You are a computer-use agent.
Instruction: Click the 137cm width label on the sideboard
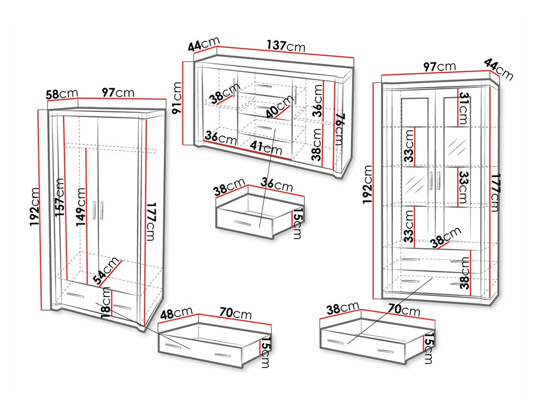(286, 46)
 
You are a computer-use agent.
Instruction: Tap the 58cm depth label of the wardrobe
(62, 94)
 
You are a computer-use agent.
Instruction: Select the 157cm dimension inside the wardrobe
(60, 197)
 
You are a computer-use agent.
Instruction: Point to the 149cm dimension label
(80, 207)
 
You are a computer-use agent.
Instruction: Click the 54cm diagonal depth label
(106, 271)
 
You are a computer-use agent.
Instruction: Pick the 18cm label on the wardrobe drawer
(106, 302)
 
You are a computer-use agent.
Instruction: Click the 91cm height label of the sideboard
(177, 98)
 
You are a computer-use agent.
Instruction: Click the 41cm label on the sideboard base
(266, 148)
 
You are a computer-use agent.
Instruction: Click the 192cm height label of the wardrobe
(34, 207)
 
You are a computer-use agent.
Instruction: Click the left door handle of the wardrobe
(94, 210)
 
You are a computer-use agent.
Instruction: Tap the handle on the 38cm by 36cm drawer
(242, 223)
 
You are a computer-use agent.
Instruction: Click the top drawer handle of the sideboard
(264, 86)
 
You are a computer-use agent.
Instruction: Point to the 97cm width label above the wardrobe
(118, 92)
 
